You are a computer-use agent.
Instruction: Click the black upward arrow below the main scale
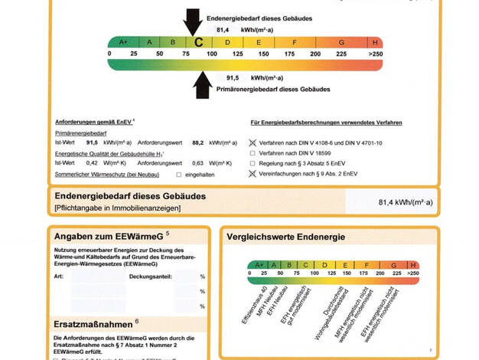pos(202,85)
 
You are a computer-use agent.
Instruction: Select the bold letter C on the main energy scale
pos(198,42)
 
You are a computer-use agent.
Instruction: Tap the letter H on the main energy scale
pos(376,42)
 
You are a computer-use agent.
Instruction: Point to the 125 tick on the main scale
pos(237,54)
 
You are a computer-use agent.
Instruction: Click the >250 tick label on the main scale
pos(375,54)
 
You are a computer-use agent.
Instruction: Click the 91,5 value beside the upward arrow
pos(233,78)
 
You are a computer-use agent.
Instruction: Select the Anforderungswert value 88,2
pos(197,142)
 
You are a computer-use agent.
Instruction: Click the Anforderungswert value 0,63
pos(197,162)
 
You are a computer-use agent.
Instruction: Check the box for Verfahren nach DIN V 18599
pos(253,153)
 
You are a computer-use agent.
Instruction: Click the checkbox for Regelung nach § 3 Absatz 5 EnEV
pos(253,163)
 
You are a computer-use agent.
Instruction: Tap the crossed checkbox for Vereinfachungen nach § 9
pos(253,174)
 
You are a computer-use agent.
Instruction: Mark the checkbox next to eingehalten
pos(178,175)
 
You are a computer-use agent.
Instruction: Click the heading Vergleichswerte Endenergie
pos(285,237)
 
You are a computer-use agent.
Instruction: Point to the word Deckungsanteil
pos(153,275)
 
